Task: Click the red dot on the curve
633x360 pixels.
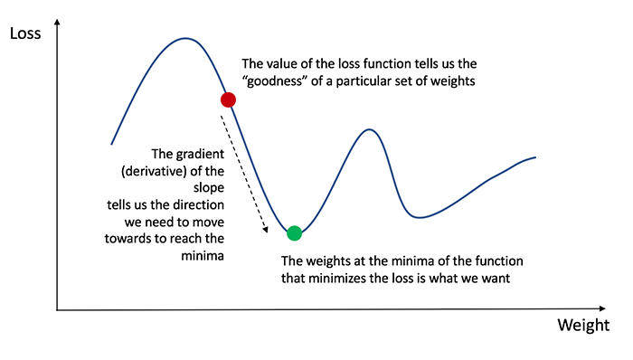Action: (x=228, y=99)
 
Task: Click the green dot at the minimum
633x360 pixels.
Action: (x=294, y=232)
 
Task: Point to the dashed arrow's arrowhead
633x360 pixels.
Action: (x=267, y=231)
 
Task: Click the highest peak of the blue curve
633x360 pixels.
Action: (x=185, y=38)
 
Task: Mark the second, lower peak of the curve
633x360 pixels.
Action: (x=369, y=130)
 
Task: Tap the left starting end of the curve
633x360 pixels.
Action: (x=111, y=144)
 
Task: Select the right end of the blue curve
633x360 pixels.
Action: (x=535, y=157)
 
